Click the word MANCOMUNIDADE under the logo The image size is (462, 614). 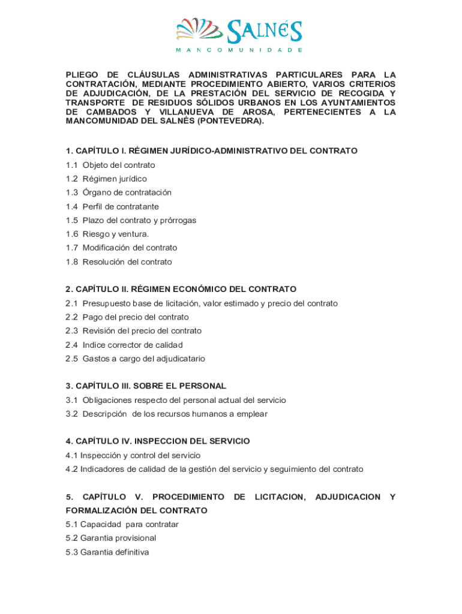[x=239, y=50]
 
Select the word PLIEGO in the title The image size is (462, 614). [x=82, y=75]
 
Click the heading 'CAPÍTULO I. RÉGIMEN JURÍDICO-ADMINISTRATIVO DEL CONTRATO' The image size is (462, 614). [x=212, y=151]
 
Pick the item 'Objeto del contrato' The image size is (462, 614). [x=119, y=165]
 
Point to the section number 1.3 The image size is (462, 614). [x=72, y=192]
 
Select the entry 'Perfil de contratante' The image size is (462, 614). [x=121, y=206]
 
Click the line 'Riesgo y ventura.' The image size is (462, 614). [x=116, y=234]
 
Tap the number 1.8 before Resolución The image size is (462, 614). [x=72, y=262]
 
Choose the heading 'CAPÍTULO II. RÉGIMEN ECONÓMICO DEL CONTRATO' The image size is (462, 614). [x=181, y=289]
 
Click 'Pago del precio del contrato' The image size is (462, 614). [x=136, y=317]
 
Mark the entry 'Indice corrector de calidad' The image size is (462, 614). [x=133, y=345]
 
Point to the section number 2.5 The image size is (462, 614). [x=72, y=359]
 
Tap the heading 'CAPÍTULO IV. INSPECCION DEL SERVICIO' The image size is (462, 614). [x=158, y=441]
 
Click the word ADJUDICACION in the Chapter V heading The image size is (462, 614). [x=347, y=497]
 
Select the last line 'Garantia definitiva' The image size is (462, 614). [x=115, y=552]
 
